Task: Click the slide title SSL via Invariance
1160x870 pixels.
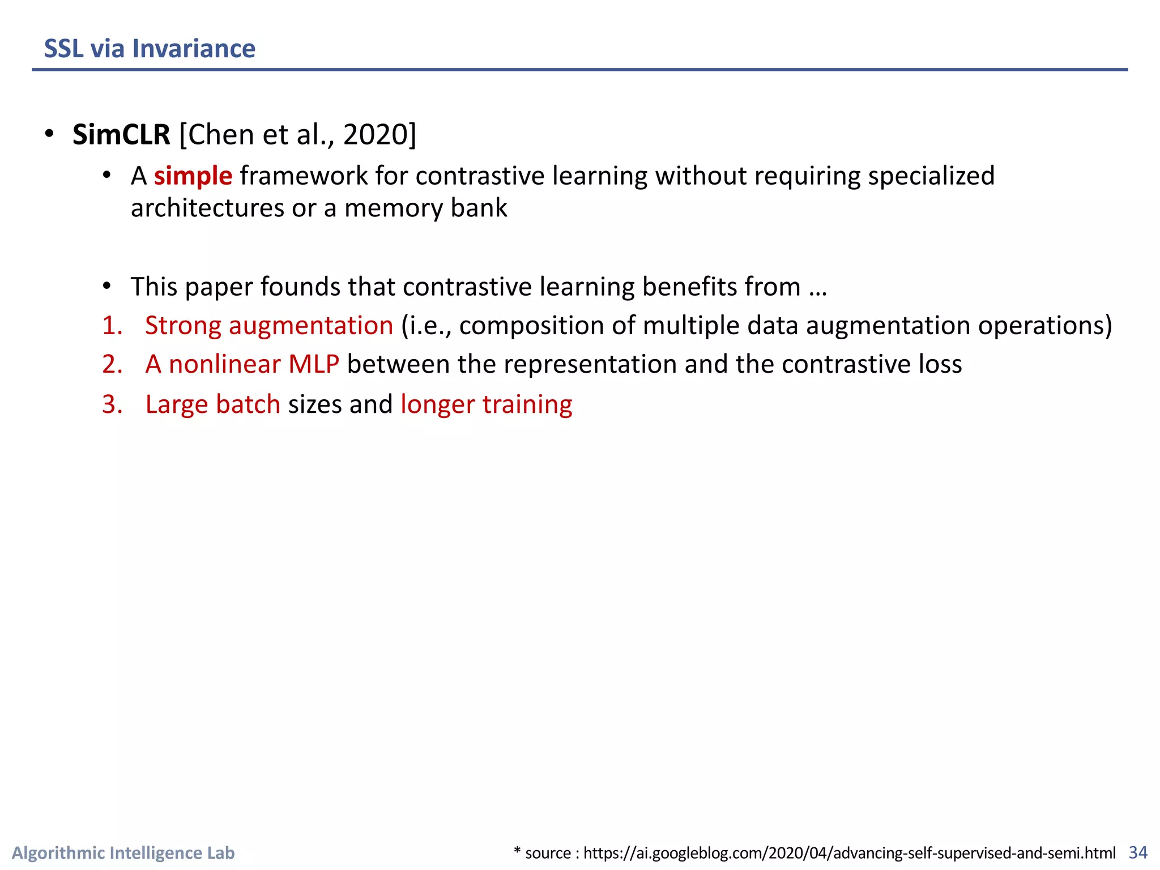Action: pyautogui.click(x=150, y=49)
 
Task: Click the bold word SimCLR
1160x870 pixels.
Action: pyautogui.click(x=121, y=135)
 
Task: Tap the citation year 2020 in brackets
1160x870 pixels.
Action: pyautogui.click(x=376, y=135)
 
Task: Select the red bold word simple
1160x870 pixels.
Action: pyautogui.click(x=193, y=176)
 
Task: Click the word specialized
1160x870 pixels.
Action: pyautogui.click(x=931, y=176)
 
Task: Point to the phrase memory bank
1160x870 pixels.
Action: pyautogui.click(x=425, y=208)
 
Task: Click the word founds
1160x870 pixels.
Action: pyautogui.click(x=300, y=287)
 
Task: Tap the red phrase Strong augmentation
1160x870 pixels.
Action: pyautogui.click(x=268, y=326)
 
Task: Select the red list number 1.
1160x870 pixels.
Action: pyautogui.click(x=112, y=326)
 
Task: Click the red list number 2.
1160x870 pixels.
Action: pyautogui.click(x=112, y=364)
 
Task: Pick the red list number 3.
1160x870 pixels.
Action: pyautogui.click(x=112, y=404)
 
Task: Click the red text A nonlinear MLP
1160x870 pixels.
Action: pyautogui.click(x=242, y=364)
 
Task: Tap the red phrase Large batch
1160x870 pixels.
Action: pyautogui.click(x=212, y=404)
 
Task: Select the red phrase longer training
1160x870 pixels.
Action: pyautogui.click(x=486, y=404)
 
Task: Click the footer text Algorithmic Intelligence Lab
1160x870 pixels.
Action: pyautogui.click(x=123, y=852)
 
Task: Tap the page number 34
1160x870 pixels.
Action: pyautogui.click(x=1138, y=852)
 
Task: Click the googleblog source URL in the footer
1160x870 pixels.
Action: pyautogui.click(x=849, y=853)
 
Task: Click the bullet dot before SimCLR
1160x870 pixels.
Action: pyautogui.click(x=50, y=134)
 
